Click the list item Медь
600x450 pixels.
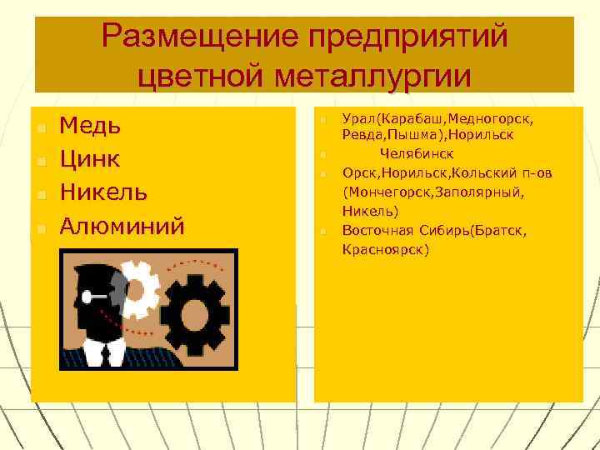tap(91, 126)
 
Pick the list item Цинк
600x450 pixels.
tap(91, 159)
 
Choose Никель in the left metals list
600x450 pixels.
tap(104, 192)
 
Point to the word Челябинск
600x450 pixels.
tap(417, 154)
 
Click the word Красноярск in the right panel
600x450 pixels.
tap(386, 249)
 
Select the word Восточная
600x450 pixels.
tap(376, 230)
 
